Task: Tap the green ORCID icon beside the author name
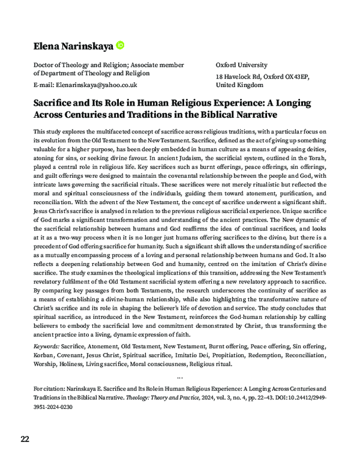(120, 44)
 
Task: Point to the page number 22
(25, 438)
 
